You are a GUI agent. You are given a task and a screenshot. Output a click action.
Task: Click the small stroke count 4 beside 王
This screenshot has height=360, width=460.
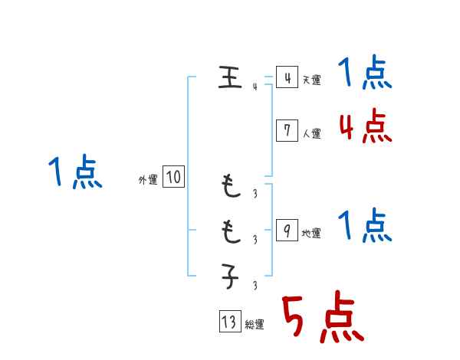pyautogui.click(x=255, y=87)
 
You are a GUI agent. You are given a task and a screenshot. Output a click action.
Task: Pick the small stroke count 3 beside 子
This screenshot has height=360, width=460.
pyautogui.click(x=255, y=286)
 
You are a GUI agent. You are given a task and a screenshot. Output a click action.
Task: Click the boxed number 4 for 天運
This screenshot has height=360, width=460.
pyautogui.click(x=286, y=77)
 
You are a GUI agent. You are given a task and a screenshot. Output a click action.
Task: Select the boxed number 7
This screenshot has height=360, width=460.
pyautogui.click(x=286, y=130)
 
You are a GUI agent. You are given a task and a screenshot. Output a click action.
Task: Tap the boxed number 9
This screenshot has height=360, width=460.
pyautogui.click(x=286, y=231)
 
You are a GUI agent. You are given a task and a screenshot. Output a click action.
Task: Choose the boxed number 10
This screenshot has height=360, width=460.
pyautogui.click(x=173, y=178)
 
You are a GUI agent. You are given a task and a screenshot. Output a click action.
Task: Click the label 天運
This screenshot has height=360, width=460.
pyautogui.click(x=311, y=80)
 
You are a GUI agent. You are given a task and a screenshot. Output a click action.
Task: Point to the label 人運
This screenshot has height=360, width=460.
pyautogui.click(x=311, y=133)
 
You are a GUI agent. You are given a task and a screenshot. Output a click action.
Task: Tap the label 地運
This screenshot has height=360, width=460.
pyautogui.click(x=311, y=233)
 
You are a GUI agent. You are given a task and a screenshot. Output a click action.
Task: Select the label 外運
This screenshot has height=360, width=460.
pyautogui.click(x=148, y=180)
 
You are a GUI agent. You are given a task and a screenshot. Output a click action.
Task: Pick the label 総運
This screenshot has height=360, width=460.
pyautogui.click(x=255, y=324)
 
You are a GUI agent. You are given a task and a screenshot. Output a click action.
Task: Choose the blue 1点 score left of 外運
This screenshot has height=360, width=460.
pyautogui.click(x=75, y=172)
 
